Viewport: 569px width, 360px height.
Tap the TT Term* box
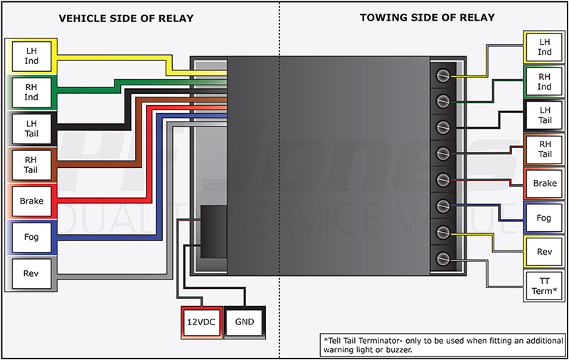(x=544, y=288)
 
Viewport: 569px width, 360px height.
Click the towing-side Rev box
(x=544, y=252)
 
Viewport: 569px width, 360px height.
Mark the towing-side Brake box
(x=544, y=184)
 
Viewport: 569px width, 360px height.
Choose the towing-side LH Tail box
(x=544, y=116)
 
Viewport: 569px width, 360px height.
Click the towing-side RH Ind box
(x=544, y=82)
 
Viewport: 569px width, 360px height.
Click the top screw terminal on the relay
(x=442, y=73)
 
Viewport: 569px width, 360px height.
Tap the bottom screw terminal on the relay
(x=442, y=258)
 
